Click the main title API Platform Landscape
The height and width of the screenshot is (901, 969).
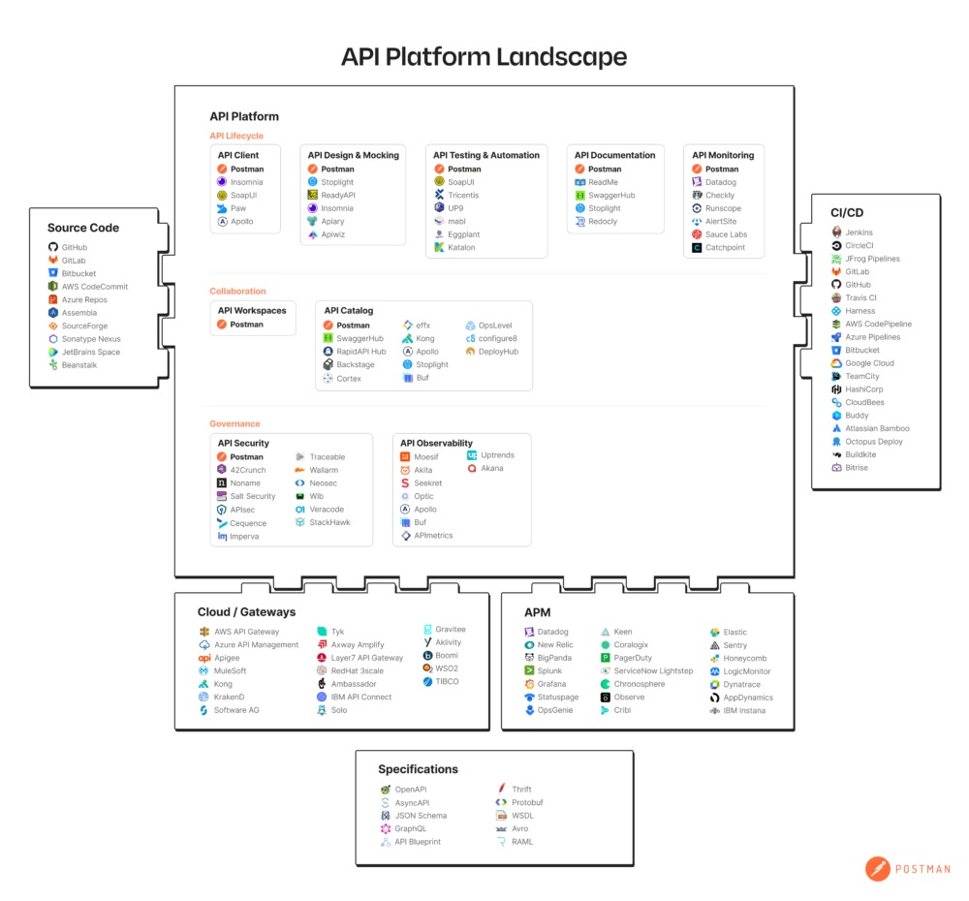pos(484,56)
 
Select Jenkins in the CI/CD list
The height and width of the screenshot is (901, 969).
pos(859,233)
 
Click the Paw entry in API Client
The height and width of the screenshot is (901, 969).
pos(237,208)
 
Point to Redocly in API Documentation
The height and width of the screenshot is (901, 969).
pos(603,222)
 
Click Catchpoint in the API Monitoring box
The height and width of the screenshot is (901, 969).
pos(727,248)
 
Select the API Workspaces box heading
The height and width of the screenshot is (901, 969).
pos(252,311)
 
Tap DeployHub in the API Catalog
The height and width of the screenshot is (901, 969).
pos(498,352)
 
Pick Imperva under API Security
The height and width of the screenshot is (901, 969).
pos(244,537)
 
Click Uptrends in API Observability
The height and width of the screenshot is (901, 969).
pos(497,455)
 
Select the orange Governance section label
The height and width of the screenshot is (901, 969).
pos(234,423)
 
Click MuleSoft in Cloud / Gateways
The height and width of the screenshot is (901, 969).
pos(230,670)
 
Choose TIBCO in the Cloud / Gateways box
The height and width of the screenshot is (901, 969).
pos(447,682)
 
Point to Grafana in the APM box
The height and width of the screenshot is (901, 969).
pos(551,684)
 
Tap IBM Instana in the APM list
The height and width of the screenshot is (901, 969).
pos(743,710)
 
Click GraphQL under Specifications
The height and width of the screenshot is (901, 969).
pos(410,829)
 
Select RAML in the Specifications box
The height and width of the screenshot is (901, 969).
pos(521,842)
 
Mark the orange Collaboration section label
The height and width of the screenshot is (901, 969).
pos(237,291)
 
